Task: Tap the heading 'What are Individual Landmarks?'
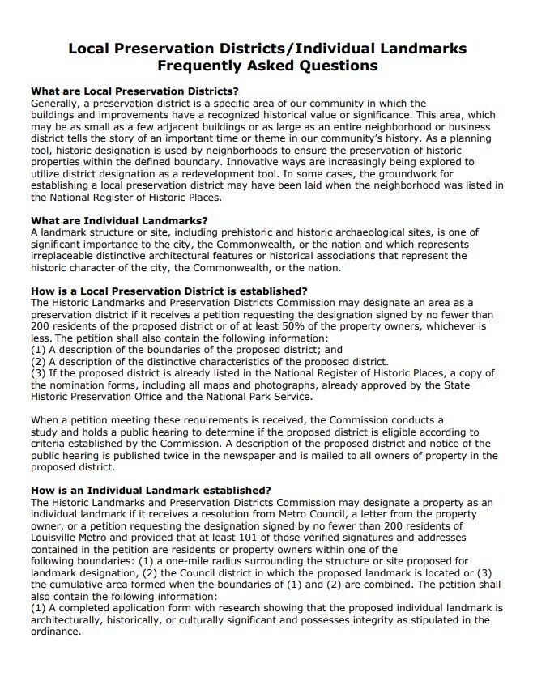tap(118, 220)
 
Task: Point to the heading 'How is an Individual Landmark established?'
tap(150, 490)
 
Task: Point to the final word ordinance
tap(55, 632)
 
